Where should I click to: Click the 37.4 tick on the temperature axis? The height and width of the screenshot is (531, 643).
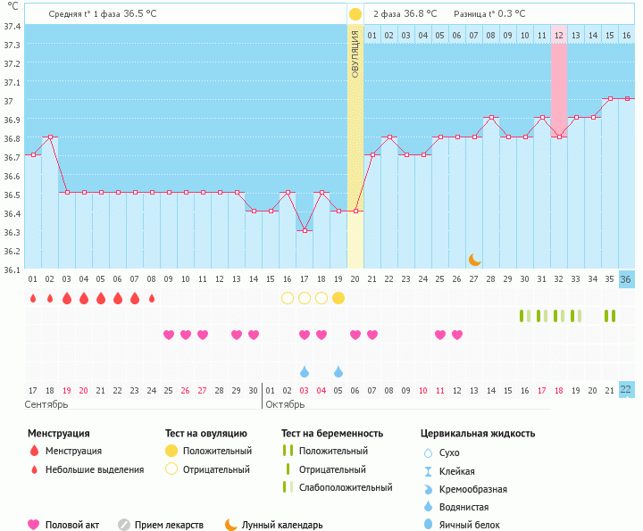pyautogui.click(x=12, y=26)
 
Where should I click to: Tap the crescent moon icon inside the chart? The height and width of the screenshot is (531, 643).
pyautogui.click(x=475, y=259)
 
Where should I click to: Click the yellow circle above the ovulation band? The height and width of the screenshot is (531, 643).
pyautogui.click(x=355, y=14)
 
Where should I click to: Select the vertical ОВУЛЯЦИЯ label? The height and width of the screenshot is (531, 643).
pyautogui.click(x=355, y=54)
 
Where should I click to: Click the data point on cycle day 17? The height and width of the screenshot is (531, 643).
pyautogui.click(x=305, y=230)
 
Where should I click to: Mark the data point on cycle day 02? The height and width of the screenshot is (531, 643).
pyautogui.click(x=50, y=137)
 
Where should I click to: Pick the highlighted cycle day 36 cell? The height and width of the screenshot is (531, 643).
pyautogui.click(x=626, y=279)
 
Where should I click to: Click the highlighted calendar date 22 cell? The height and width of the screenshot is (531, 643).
pyautogui.click(x=626, y=389)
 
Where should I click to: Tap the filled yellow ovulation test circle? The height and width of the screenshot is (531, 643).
pyautogui.click(x=338, y=298)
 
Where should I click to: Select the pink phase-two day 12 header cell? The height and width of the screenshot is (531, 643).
pyautogui.click(x=559, y=35)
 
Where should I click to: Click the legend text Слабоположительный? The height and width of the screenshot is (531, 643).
pyautogui.click(x=346, y=487)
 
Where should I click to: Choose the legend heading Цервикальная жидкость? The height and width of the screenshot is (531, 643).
pyautogui.click(x=478, y=433)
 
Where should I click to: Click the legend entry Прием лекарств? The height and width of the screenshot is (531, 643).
pyautogui.click(x=169, y=525)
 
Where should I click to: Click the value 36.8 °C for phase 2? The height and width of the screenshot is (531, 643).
pyautogui.click(x=420, y=14)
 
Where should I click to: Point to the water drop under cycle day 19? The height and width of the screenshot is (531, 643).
pyautogui.click(x=338, y=371)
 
